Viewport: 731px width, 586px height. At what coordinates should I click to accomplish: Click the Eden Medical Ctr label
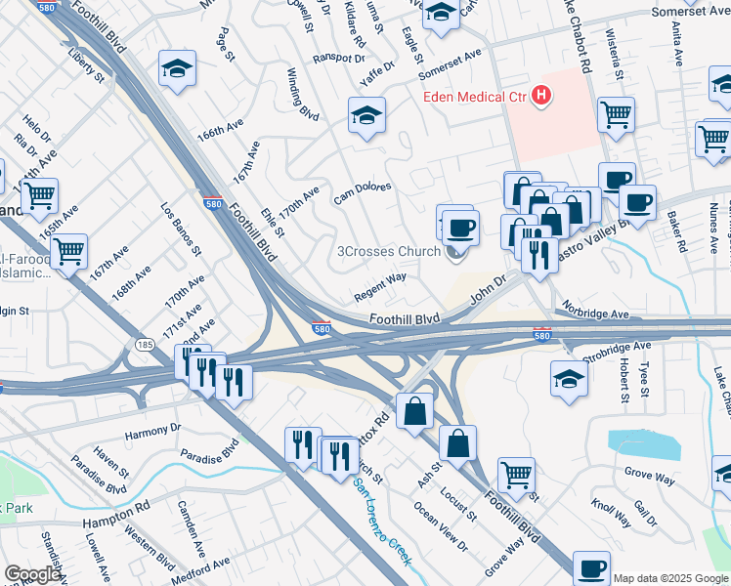pyautogui.click(x=474, y=96)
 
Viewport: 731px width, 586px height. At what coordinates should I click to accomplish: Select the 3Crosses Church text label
pyautogui.click(x=388, y=252)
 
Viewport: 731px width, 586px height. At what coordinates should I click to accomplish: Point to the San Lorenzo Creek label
pyautogui.click(x=382, y=522)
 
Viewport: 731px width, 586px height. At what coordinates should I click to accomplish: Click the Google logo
pyautogui.click(x=32, y=574)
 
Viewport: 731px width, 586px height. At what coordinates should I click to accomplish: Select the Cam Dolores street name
pyautogui.click(x=362, y=192)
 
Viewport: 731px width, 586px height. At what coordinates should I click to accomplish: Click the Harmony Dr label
pyautogui.click(x=152, y=429)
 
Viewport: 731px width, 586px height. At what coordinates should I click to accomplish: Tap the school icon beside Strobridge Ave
pyautogui.click(x=570, y=376)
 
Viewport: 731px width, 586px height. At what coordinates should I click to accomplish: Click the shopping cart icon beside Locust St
pyautogui.click(x=517, y=474)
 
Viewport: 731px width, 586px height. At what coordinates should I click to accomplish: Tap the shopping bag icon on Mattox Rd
pyautogui.click(x=415, y=409)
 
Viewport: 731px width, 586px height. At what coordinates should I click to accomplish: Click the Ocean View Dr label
pyautogui.click(x=440, y=526)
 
